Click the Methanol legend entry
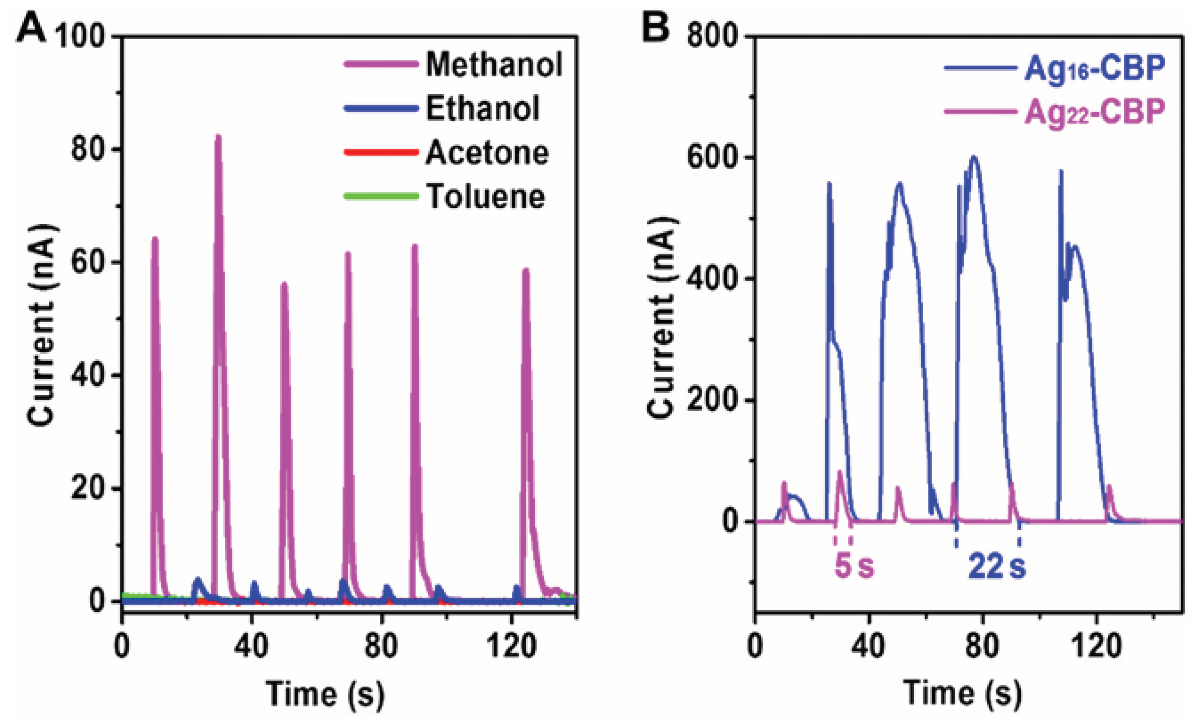click(x=494, y=64)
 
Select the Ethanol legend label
click(x=482, y=108)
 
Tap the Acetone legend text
click(x=486, y=153)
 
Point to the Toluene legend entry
click(x=485, y=196)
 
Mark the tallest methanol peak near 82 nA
click(x=218, y=138)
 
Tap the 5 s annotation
click(x=854, y=566)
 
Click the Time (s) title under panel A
click(x=325, y=694)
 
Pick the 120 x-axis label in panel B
click(x=1096, y=646)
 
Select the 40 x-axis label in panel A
click(x=251, y=646)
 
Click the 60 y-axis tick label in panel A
click(x=87, y=262)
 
